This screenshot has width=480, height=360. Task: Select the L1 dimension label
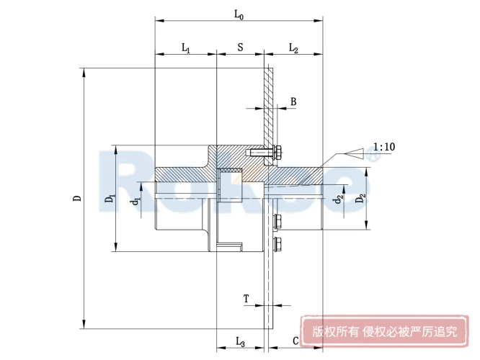[x=185, y=48]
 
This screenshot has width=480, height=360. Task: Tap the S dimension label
[x=240, y=48]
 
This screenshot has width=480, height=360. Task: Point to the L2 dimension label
[x=294, y=48]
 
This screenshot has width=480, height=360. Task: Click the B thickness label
[x=293, y=102]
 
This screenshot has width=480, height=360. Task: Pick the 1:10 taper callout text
[x=385, y=147]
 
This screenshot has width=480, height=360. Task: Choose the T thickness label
[x=246, y=298]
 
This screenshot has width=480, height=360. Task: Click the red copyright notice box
[x=384, y=332]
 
